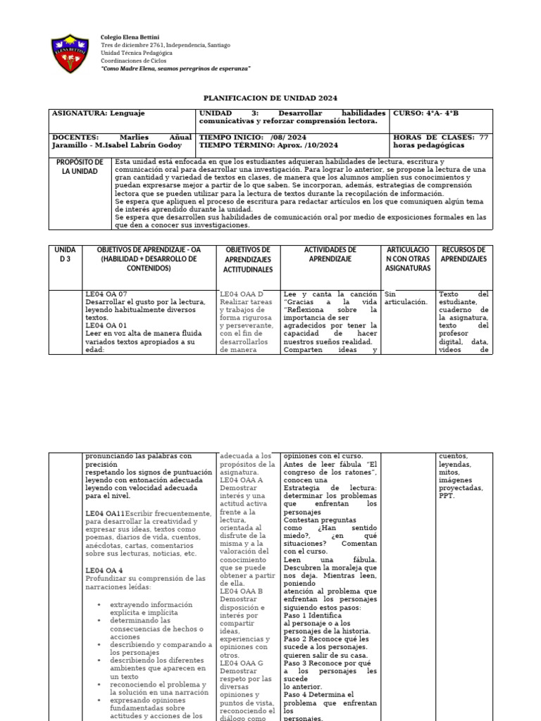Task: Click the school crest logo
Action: coord(71,54)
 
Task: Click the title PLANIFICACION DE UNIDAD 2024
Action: coord(270,98)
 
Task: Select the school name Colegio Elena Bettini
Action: coord(130,36)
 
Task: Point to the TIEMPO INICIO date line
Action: coord(253,137)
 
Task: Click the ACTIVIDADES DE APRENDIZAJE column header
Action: coord(330,254)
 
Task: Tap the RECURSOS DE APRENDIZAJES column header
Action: coord(464,254)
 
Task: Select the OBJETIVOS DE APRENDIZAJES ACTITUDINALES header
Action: coord(249,259)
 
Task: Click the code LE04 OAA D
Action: coord(242,294)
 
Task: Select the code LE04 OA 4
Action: coord(104,570)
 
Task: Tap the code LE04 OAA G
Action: coord(242,663)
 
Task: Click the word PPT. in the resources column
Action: coord(446,496)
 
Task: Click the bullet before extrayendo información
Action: coord(99,605)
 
